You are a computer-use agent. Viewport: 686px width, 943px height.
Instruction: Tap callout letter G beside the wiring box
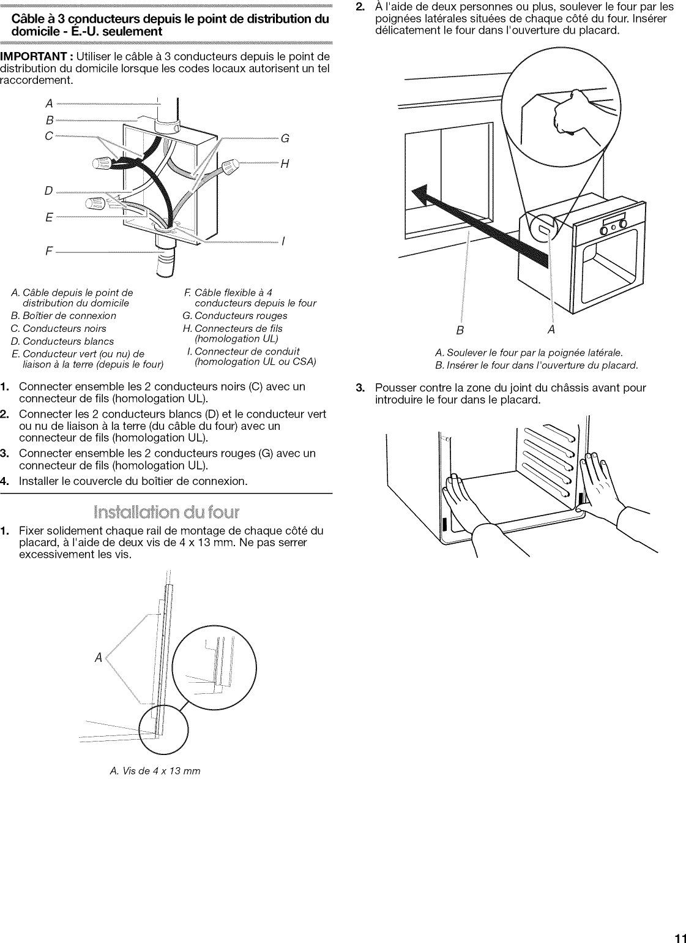point(284,138)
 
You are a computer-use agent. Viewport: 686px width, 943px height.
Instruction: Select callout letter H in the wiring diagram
point(284,163)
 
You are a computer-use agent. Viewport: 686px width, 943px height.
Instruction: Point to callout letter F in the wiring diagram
point(49,250)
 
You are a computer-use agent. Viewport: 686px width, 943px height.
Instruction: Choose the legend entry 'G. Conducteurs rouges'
point(235,316)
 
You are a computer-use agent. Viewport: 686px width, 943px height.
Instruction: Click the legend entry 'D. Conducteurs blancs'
point(62,341)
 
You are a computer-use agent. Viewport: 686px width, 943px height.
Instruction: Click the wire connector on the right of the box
point(231,166)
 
